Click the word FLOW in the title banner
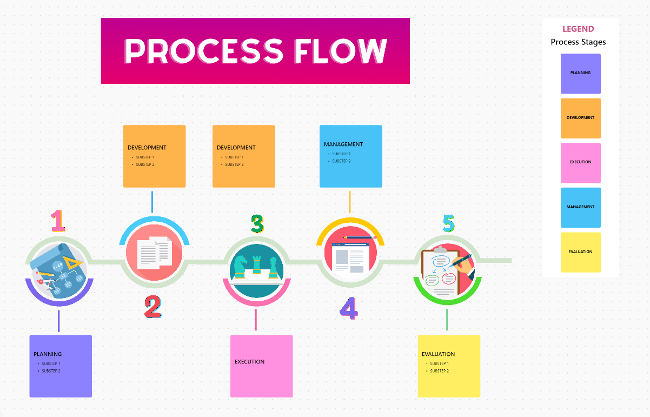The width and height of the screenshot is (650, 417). tap(341, 51)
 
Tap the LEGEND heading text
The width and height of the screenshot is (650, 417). tap(578, 29)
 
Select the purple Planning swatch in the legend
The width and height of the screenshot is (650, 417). tap(580, 73)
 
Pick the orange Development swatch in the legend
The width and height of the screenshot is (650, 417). tap(580, 118)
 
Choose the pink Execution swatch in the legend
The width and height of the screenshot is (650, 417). tap(580, 162)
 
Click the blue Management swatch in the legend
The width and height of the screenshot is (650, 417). tap(580, 207)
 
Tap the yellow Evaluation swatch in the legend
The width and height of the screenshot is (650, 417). tap(580, 252)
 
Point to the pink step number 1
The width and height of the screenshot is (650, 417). tap(58, 221)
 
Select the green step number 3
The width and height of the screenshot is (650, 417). tap(257, 223)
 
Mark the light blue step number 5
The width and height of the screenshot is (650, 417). tap(449, 223)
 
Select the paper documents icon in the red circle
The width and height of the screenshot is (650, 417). tap(155, 253)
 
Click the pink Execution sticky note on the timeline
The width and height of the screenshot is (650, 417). tap(261, 366)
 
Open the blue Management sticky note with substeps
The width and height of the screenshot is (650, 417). tap(350, 156)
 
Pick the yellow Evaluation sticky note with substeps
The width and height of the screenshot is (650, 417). tap(449, 366)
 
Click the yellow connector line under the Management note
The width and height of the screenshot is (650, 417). tap(350, 202)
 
